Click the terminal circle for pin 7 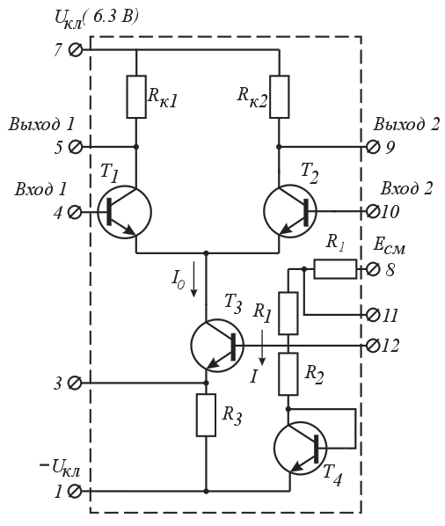tap(76, 50)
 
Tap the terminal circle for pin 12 tap(372, 345)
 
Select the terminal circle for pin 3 tap(75, 383)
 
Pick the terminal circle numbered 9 tap(372, 147)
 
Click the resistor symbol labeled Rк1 tap(136, 97)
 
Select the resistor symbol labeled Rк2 tap(280, 97)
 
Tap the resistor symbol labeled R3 tap(206, 415)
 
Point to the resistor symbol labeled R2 tap(288, 374)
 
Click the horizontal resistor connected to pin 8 tap(335, 268)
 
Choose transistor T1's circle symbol tap(124, 212)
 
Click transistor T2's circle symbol tap(290, 211)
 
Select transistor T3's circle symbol tap(217, 346)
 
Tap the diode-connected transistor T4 tap(300, 449)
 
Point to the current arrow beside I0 tap(193, 280)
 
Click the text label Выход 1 tap(41, 125)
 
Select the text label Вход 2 tap(406, 188)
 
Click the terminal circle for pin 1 tap(75, 491)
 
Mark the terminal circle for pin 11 tap(372, 315)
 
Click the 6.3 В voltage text tap(113, 17)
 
